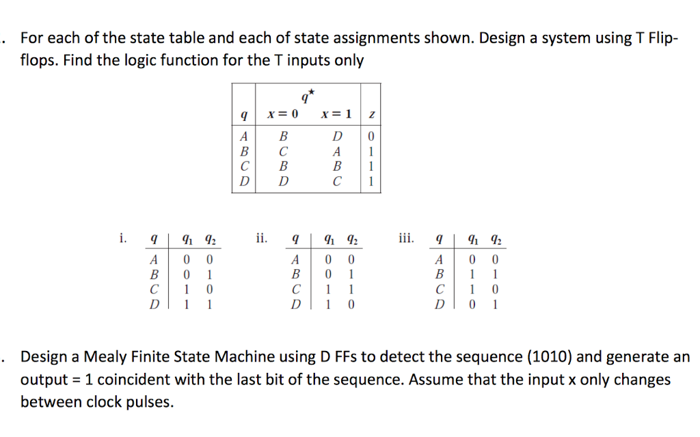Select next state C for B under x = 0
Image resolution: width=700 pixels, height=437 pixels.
point(282,150)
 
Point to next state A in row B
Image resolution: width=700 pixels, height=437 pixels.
point(336,150)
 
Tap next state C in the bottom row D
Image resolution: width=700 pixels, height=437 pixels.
point(336,181)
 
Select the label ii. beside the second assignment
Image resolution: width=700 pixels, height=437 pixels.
point(261,238)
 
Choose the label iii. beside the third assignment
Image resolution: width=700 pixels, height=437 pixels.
point(405,238)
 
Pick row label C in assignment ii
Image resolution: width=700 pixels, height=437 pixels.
point(295,290)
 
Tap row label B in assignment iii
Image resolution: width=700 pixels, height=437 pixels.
point(440,275)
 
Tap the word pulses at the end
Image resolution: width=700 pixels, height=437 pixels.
point(150,402)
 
